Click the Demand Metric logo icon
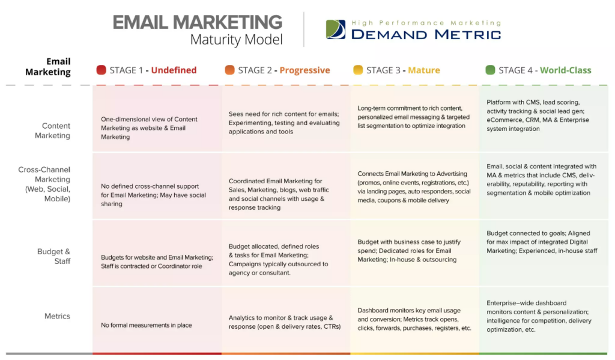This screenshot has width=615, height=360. (x=336, y=29)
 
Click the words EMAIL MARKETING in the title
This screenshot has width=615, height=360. (x=197, y=22)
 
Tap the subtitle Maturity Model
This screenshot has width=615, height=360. (x=236, y=40)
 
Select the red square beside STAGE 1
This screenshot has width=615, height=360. (x=101, y=70)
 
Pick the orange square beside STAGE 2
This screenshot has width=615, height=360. (x=229, y=70)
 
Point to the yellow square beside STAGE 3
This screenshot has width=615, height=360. (x=358, y=70)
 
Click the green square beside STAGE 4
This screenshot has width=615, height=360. (x=490, y=70)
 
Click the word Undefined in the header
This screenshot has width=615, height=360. (x=174, y=70)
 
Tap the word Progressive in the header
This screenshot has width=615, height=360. (x=304, y=70)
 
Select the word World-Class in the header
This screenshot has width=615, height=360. (x=566, y=70)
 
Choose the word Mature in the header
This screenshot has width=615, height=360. (x=424, y=70)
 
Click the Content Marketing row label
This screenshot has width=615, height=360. (x=53, y=131)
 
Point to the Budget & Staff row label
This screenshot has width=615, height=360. (x=53, y=257)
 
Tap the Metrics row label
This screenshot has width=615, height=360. (x=57, y=316)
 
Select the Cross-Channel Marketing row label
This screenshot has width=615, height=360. (x=44, y=184)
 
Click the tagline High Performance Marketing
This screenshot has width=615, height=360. (x=426, y=23)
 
